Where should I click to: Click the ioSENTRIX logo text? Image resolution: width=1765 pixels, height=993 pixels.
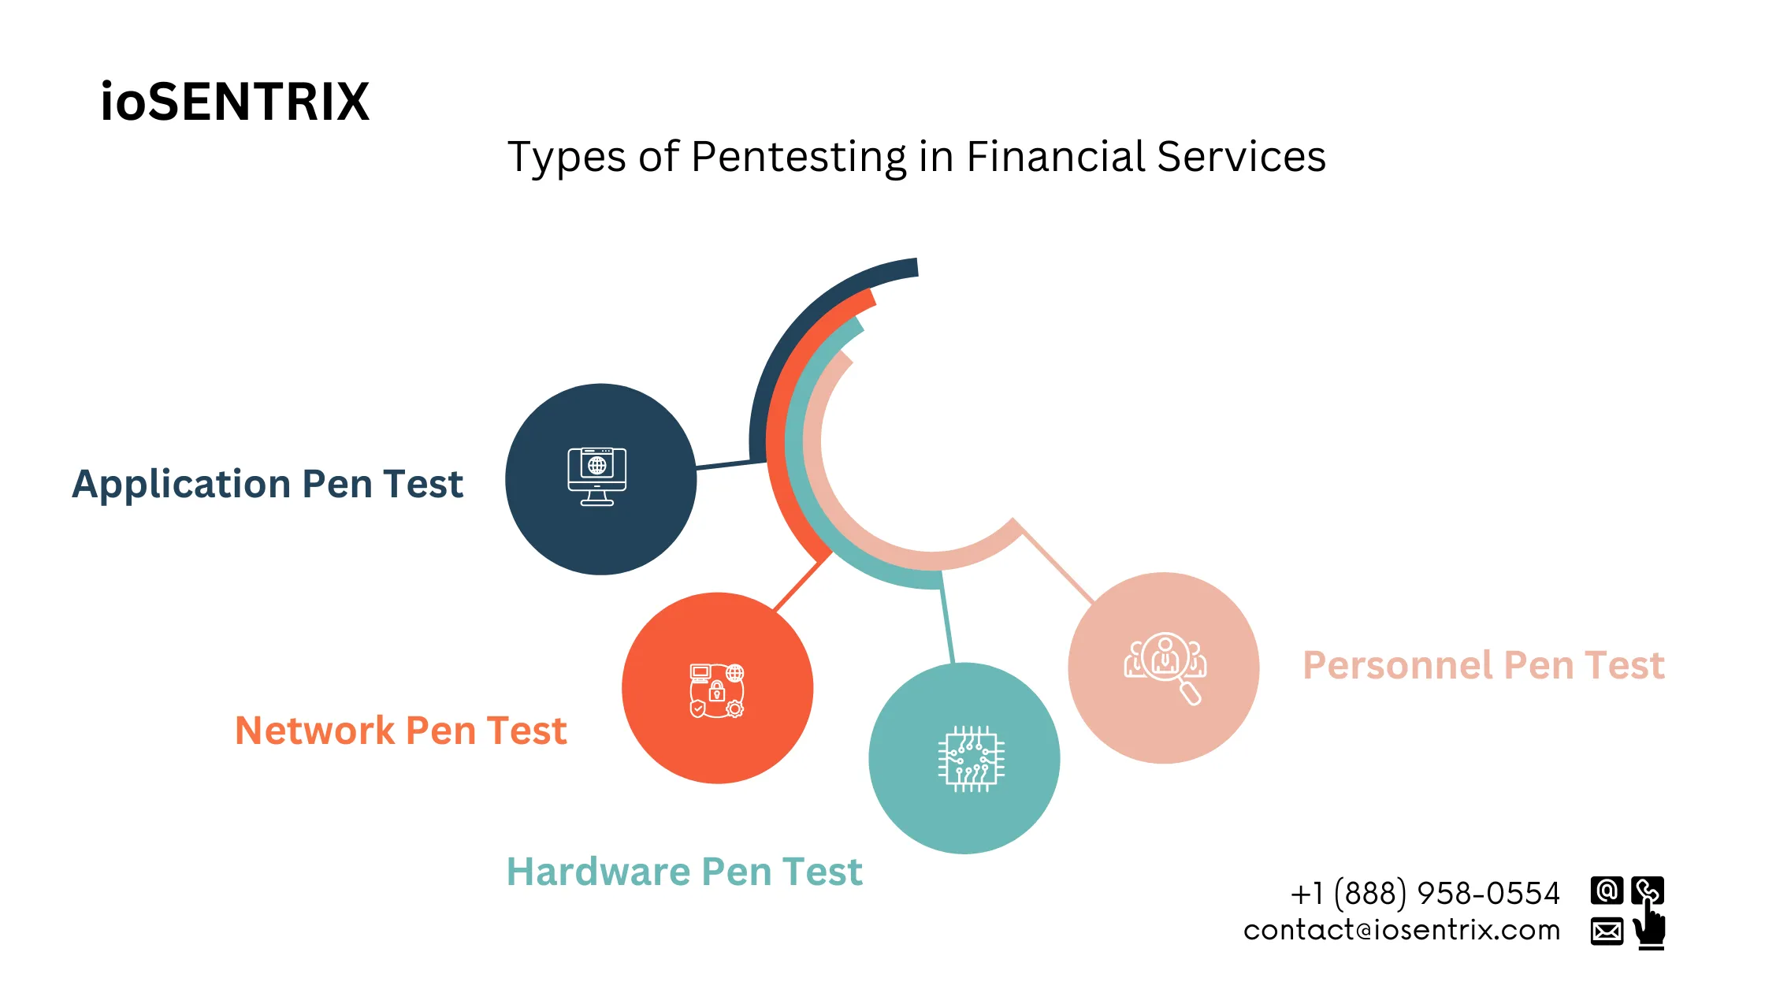click(x=235, y=102)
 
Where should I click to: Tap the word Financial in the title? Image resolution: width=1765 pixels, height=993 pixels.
click(x=1055, y=156)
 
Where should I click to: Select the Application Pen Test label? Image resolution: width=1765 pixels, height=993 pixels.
click(x=267, y=483)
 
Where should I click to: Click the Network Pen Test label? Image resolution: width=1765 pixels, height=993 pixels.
click(x=400, y=731)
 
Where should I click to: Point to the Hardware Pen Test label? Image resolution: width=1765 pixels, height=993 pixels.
click(x=684, y=872)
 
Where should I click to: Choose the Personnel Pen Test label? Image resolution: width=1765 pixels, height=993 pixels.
click(x=1483, y=665)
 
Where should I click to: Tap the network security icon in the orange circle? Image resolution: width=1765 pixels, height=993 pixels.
click(x=717, y=690)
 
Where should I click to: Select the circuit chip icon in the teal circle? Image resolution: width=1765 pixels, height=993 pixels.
click(x=971, y=759)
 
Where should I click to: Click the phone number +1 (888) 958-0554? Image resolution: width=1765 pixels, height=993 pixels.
click(x=1425, y=894)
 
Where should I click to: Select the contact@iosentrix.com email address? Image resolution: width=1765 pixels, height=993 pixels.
click(x=1401, y=931)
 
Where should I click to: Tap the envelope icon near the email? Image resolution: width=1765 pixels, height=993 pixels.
click(x=1607, y=932)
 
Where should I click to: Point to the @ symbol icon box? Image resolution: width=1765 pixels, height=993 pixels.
click(x=1607, y=891)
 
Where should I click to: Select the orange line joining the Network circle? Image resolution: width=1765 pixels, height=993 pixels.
click(x=801, y=584)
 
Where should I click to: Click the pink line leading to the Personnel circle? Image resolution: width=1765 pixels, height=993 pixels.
click(x=1056, y=564)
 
